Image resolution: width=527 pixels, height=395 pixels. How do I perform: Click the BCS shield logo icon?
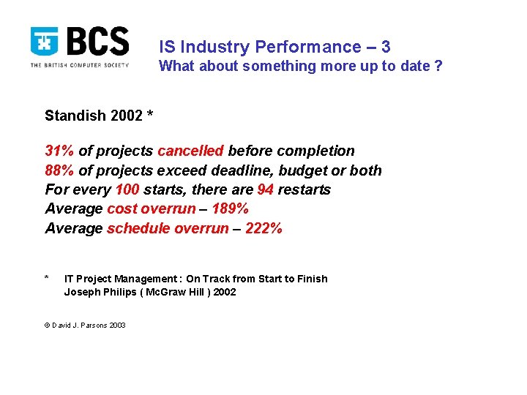45,42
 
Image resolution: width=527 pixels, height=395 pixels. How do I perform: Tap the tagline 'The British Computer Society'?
80,65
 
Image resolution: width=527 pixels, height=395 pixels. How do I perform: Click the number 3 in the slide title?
385,48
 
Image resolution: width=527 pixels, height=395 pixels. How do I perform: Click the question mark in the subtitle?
438,67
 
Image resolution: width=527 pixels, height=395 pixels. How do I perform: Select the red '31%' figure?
60,151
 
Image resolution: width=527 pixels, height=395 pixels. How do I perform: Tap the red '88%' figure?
60,170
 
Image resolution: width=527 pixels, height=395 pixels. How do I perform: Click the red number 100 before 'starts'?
127,190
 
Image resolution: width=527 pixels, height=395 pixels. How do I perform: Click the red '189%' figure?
230,209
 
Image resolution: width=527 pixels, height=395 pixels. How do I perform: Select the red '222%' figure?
263,229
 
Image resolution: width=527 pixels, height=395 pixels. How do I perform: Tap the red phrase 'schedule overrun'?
168,229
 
